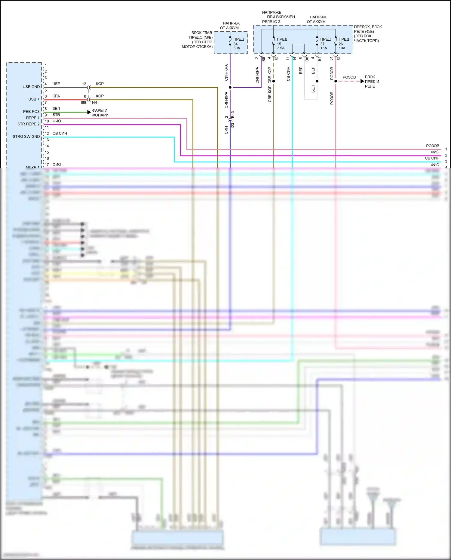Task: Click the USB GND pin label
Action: tap(31, 87)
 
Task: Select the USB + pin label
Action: tap(34, 99)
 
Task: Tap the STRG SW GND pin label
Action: tap(26, 137)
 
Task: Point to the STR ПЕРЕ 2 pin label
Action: tap(28, 124)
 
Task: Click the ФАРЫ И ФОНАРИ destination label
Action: tap(100, 113)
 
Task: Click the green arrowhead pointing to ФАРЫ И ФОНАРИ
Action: tap(89, 112)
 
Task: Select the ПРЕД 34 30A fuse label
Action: tap(238, 44)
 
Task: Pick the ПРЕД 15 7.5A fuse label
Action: tap(281, 44)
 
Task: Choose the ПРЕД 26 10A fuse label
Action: tap(343, 44)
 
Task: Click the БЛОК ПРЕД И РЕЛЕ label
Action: tap(372, 82)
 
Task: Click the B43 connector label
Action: tap(233, 115)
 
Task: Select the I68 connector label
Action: tap(83, 103)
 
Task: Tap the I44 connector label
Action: tap(94, 103)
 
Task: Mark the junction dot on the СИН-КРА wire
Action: tap(230, 87)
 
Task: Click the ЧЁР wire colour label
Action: tap(56, 84)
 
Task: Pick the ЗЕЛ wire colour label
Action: tap(56, 109)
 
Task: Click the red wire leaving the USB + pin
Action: tap(65, 100)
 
